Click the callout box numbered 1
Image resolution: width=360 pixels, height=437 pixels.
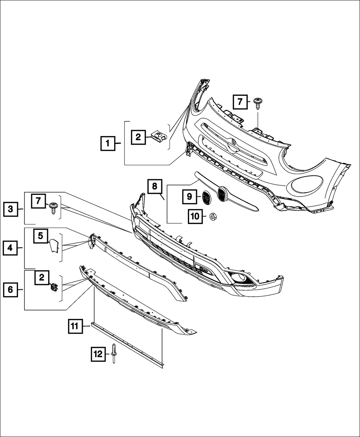pyautogui.click(x=107, y=144)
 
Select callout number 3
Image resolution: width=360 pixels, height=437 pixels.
pyautogui.click(x=11, y=209)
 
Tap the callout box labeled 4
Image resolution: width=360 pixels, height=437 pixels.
pyautogui.click(x=11, y=248)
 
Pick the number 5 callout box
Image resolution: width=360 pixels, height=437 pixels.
pyautogui.click(x=40, y=236)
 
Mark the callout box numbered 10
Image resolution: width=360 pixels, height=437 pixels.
pyautogui.click(x=195, y=216)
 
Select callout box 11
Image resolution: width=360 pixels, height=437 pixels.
pyautogui.click(x=74, y=326)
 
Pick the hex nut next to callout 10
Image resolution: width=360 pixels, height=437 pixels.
pyautogui.click(x=213, y=216)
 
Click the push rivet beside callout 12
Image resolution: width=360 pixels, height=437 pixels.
pyautogui.click(x=114, y=355)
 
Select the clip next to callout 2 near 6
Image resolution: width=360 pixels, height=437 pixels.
pyautogui.click(x=54, y=288)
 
